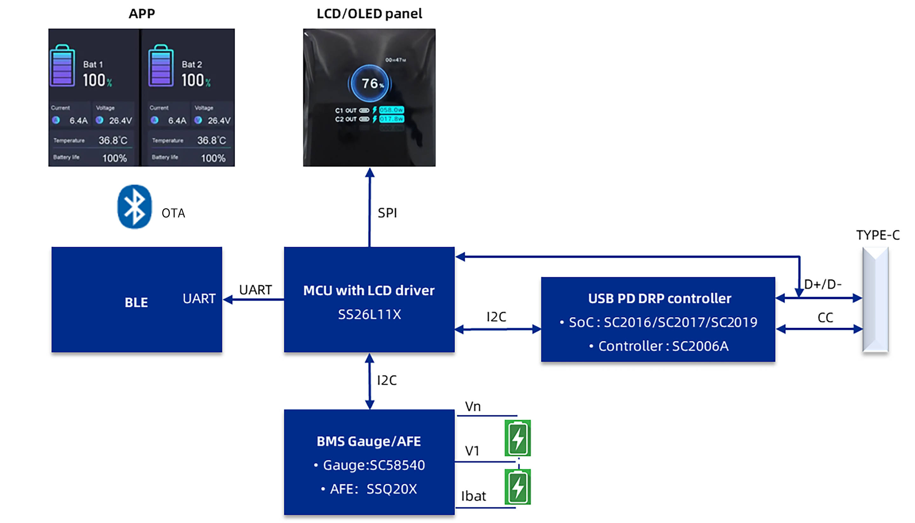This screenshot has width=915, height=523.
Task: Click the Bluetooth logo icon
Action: click(x=135, y=207)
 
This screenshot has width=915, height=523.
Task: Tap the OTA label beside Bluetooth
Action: click(x=173, y=213)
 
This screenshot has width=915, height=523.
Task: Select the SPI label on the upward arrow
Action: click(x=387, y=213)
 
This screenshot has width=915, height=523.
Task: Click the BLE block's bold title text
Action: click(x=136, y=302)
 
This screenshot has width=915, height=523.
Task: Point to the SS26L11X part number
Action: click(x=370, y=315)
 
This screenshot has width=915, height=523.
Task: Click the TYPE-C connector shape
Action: click(x=876, y=299)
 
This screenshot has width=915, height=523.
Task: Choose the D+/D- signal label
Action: click(x=822, y=285)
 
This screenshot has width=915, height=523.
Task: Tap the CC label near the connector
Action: click(x=825, y=318)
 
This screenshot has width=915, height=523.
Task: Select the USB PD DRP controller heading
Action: click(x=660, y=298)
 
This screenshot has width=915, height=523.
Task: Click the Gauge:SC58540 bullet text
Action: click(x=373, y=465)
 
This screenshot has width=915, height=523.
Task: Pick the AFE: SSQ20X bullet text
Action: click(x=373, y=489)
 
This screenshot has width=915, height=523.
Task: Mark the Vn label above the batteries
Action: click(x=473, y=406)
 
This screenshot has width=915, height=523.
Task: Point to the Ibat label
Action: click(x=473, y=496)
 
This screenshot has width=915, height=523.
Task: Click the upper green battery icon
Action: click(x=518, y=438)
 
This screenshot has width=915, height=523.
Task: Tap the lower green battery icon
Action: click(x=518, y=487)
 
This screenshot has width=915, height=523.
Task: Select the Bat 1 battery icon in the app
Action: click(x=63, y=66)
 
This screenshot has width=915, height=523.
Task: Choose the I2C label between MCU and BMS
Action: click(x=387, y=380)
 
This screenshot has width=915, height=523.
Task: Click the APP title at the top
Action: click(x=142, y=14)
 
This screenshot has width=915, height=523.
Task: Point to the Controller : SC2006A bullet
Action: click(x=663, y=346)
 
